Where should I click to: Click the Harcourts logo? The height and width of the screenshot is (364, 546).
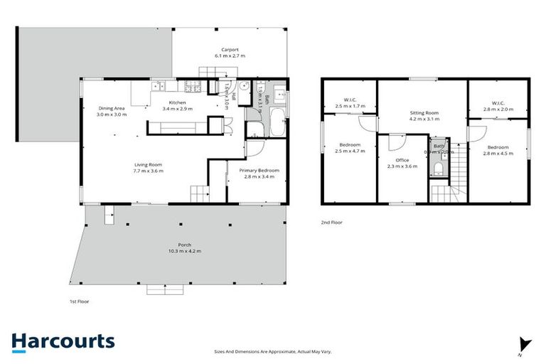point(63,341)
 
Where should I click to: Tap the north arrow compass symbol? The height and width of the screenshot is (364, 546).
point(525,344)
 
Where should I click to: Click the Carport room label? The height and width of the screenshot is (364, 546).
point(229,50)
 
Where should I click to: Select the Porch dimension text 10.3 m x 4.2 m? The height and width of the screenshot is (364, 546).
point(185,252)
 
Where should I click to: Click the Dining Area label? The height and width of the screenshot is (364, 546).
point(112,109)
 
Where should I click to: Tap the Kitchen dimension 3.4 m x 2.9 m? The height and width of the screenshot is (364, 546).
point(177,109)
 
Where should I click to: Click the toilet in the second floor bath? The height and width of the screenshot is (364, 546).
point(439,168)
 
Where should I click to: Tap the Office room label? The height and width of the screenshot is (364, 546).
point(402,160)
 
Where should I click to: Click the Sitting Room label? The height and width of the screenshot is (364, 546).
point(424,113)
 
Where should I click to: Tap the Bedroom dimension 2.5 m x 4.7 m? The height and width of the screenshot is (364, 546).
point(350,151)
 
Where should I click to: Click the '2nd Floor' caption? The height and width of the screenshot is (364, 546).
point(331,223)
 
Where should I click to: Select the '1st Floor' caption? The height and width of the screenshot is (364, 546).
point(79,301)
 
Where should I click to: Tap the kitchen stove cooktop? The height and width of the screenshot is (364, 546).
point(193,87)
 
